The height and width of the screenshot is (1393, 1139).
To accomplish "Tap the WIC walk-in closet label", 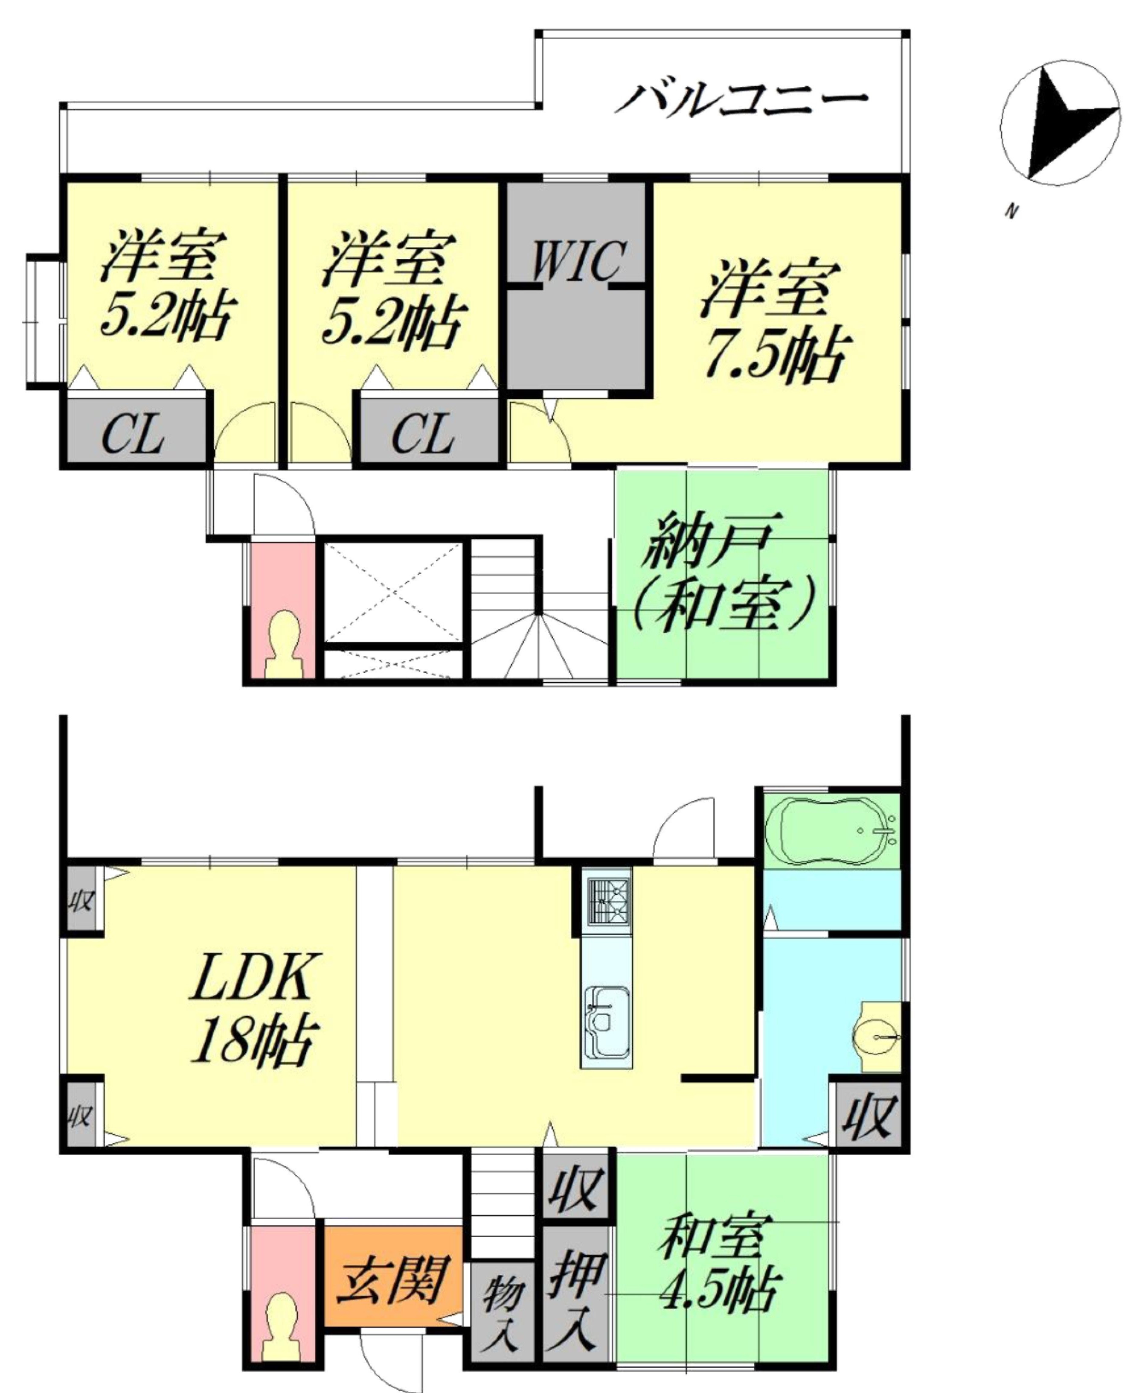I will pos(576,261).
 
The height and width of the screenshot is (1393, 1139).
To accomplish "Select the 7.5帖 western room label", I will pos(774,321).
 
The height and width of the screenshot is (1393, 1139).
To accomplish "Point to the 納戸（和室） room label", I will pos(722,571).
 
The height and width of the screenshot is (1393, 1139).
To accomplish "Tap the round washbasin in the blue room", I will pos(876,1037).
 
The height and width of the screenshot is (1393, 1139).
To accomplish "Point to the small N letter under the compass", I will pos(1012,211).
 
